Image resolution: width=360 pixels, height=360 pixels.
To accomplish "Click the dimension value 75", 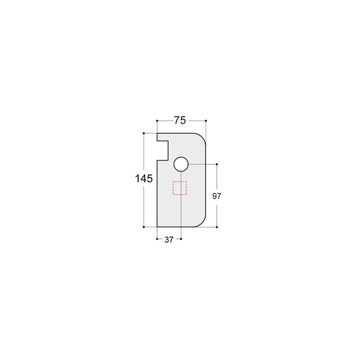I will click(180, 120).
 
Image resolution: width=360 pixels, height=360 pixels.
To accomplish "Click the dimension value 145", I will click(144, 179).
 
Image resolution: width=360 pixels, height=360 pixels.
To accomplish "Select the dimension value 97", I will click(217, 196).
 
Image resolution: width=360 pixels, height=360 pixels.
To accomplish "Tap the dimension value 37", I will click(169, 240).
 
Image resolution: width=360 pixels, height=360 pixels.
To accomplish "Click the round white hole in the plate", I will click(180, 164).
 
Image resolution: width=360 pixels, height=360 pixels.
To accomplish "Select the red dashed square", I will click(180, 188).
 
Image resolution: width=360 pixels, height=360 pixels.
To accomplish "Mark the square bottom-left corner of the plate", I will click(157, 227).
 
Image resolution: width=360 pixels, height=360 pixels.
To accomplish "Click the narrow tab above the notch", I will click(162, 137).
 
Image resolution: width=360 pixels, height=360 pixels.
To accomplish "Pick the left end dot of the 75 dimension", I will click(157, 121).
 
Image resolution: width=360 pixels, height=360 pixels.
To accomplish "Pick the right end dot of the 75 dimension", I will click(206, 121).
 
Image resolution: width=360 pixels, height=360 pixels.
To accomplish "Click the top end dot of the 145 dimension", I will click(144, 133).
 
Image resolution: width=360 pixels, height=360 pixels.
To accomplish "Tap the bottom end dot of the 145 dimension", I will click(144, 227).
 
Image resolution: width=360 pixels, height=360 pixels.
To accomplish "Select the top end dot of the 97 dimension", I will click(217, 164).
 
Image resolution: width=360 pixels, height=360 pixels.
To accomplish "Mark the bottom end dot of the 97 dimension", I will click(217, 227).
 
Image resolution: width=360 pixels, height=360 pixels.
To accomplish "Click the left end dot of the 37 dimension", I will click(157, 239).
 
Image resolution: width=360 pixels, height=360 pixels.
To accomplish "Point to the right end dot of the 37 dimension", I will click(180, 239).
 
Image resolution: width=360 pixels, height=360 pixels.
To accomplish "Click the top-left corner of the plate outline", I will click(157, 134).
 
